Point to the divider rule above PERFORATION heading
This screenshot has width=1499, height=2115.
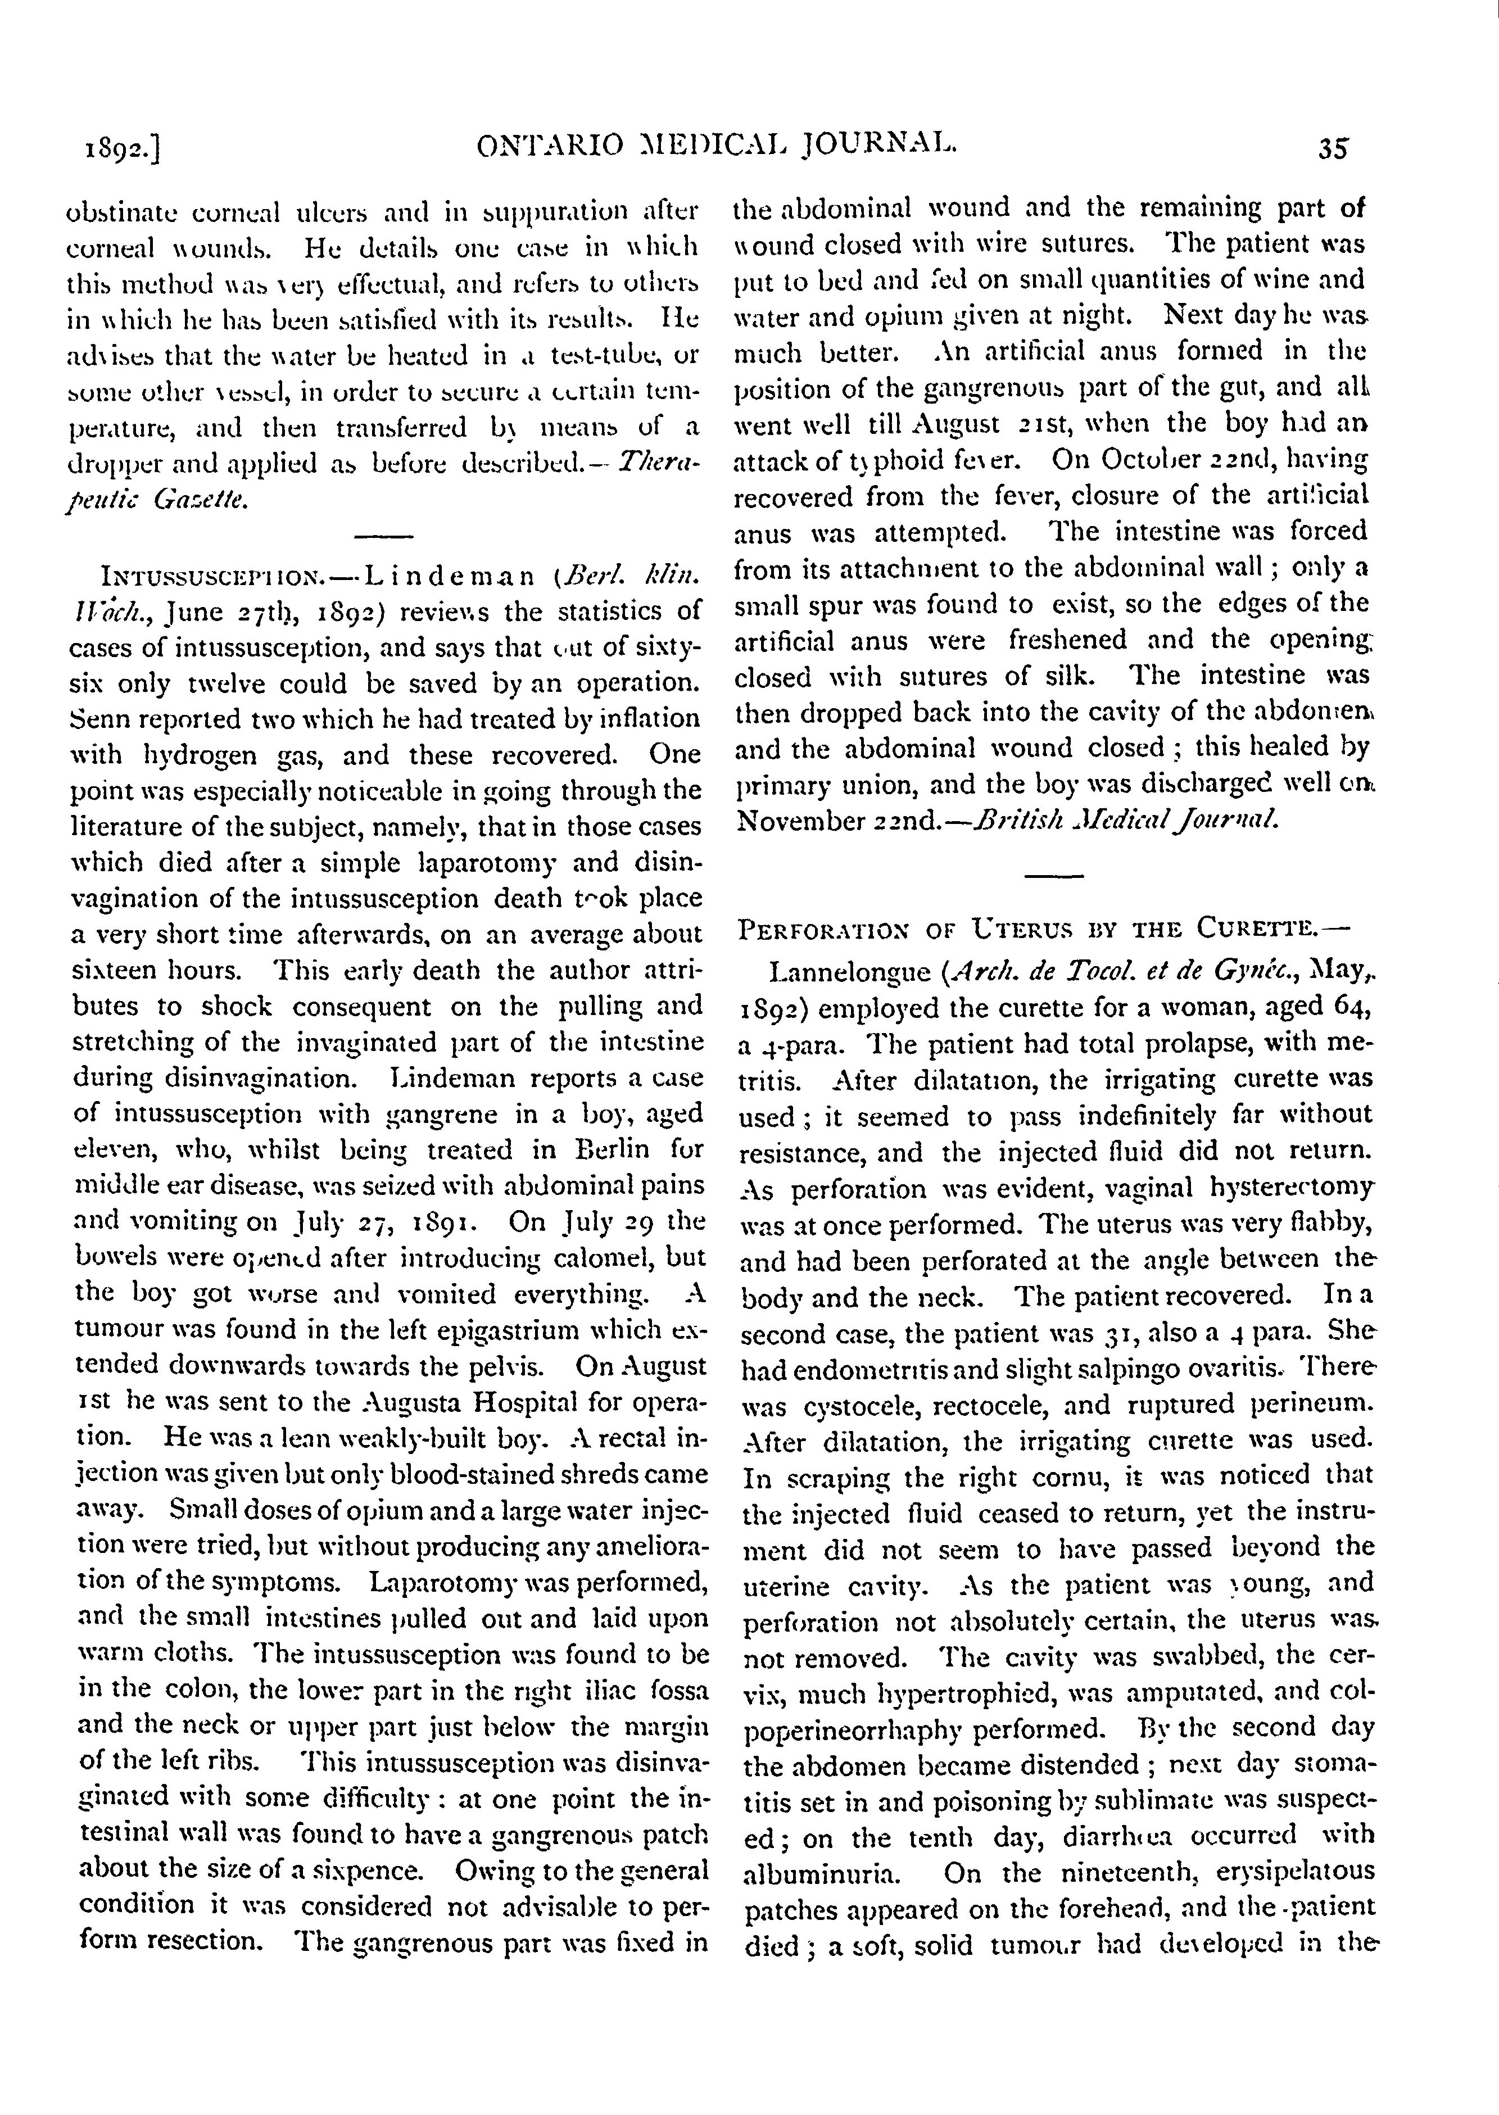[x=1053, y=874]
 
